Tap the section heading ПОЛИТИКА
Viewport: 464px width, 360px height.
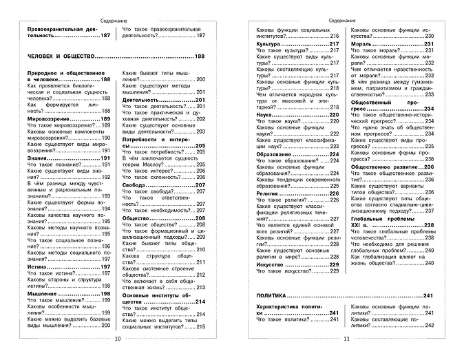[268, 296]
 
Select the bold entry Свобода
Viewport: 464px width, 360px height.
[135, 186]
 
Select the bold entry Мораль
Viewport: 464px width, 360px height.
[361, 43]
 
